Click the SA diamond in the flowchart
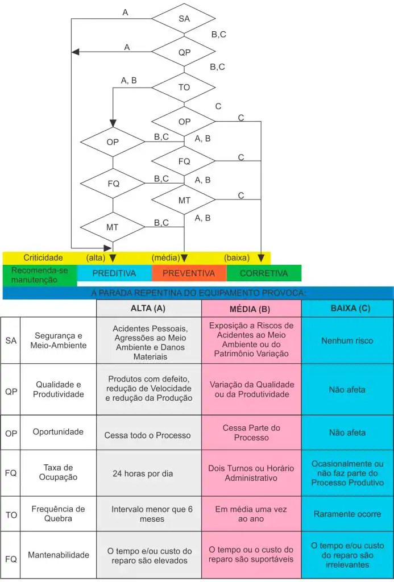pyautogui.click(x=184, y=19)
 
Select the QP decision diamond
pyautogui.click(x=184, y=52)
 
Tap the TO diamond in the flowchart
pyautogui.click(x=184, y=88)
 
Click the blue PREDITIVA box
pyautogui.click(x=114, y=273)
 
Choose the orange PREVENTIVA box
pyautogui.click(x=189, y=273)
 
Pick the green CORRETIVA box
pyautogui.click(x=264, y=273)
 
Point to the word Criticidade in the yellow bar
pyautogui.click(x=43, y=258)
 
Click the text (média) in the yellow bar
pyautogui.click(x=165, y=258)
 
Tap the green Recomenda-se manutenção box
pyautogui.click(x=39, y=275)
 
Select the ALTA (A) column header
pyautogui.click(x=148, y=309)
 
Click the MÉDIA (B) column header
pyautogui.click(x=251, y=309)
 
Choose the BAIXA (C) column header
pyautogui.click(x=347, y=309)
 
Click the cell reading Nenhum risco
pyautogui.click(x=347, y=340)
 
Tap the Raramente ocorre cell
pyautogui.click(x=347, y=514)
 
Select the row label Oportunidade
pyautogui.click(x=58, y=432)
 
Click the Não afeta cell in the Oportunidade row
pyautogui.click(x=347, y=433)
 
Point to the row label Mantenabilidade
pyautogui.click(x=58, y=555)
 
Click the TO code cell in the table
pyautogui.click(x=11, y=514)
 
